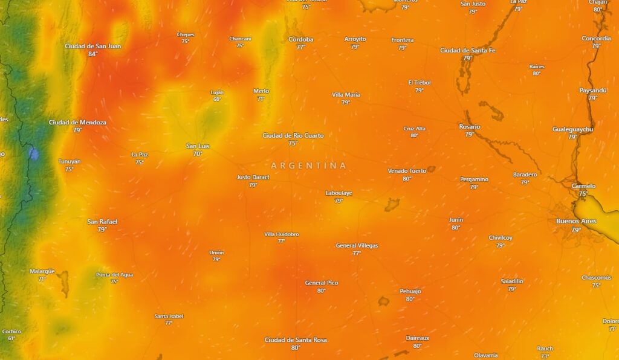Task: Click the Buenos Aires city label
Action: click(x=576, y=221)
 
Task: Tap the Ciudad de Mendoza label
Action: click(x=77, y=123)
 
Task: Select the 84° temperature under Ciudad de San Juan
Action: click(x=92, y=54)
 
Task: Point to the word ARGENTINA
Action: click(x=309, y=166)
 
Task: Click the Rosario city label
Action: click(x=469, y=127)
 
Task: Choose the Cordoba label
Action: click(x=300, y=39)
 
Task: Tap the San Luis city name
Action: click(x=197, y=146)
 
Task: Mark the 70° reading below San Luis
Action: click(x=197, y=154)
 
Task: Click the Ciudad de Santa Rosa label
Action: click(x=296, y=340)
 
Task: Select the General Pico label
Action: click(x=321, y=283)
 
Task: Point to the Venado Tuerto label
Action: click(x=407, y=171)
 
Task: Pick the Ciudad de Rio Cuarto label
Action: click(x=293, y=135)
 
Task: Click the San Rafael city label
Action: click(x=102, y=222)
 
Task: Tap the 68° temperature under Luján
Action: click(x=217, y=99)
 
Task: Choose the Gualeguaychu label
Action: click(x=572, y=129)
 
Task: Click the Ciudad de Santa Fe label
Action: click(x=467, y=51)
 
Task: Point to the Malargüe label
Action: click(x=42, y=271)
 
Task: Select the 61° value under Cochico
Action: click(x=11, y=338)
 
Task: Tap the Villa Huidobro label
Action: click(x=282, y=234)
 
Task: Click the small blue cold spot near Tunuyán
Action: click(x=34, y=154)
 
